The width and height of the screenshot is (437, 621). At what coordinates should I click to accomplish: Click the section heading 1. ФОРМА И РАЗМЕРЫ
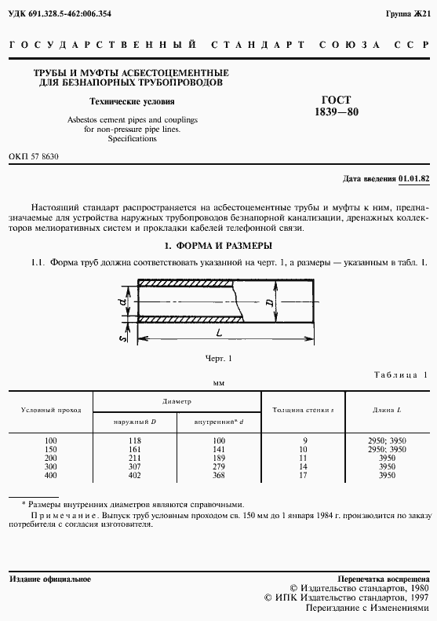[x=218, y=245]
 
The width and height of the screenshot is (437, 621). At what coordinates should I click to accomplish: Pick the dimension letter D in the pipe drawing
[x=268, y=301]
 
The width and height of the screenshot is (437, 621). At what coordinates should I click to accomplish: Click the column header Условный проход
[x=51, y=410]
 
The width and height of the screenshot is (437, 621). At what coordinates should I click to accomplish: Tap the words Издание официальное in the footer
[x=50, y=579]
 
